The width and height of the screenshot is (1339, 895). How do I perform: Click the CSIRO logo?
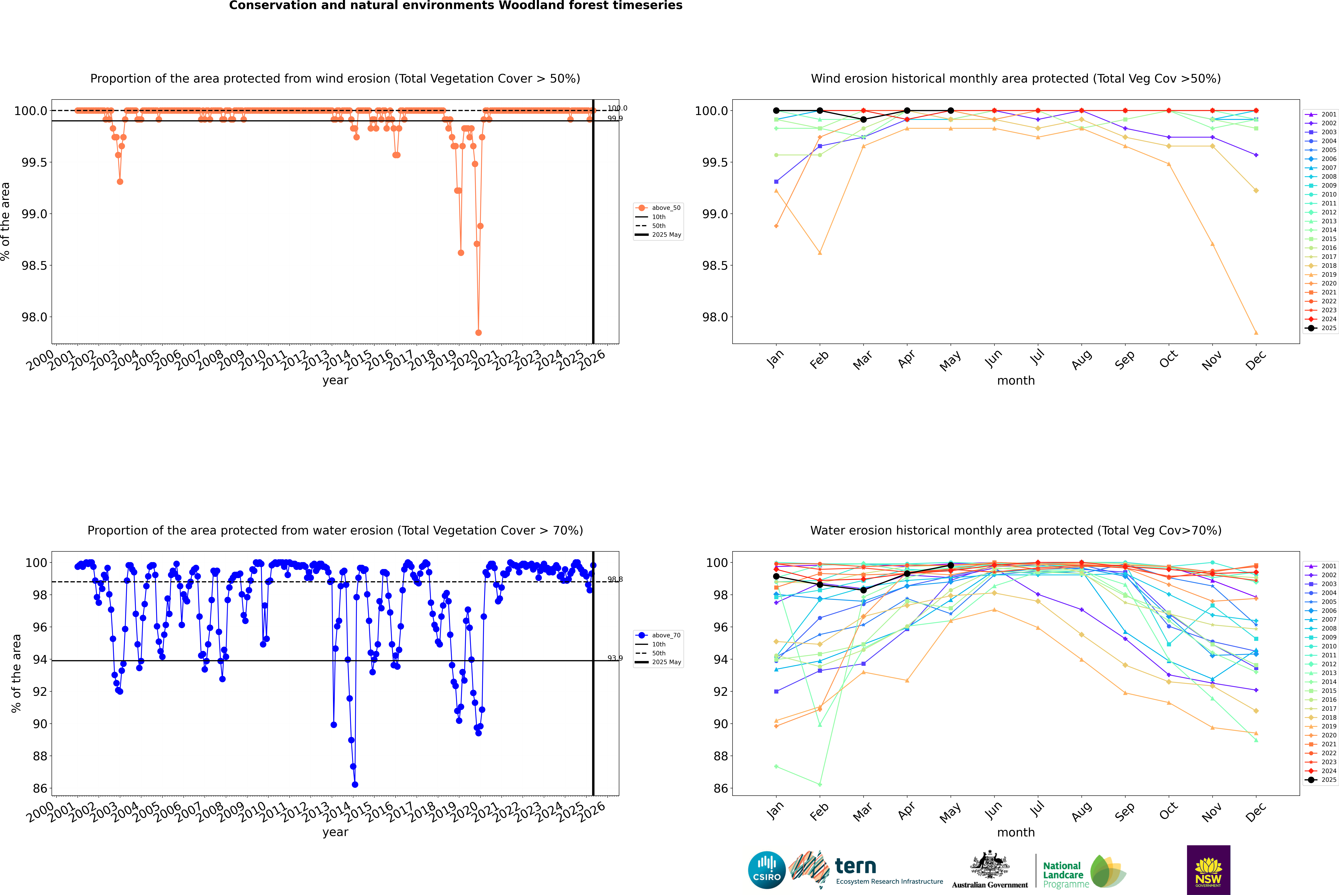[x=767, y=870]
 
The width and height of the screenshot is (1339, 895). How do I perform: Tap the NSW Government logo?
[x=1208, y=870]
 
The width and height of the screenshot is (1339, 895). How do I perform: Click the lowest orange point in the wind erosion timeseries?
[x=478, y=332]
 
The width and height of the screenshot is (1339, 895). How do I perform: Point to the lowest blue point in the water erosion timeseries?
[x=355, y=784]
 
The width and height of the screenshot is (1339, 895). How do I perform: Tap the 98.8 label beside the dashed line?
[x=615, y=579]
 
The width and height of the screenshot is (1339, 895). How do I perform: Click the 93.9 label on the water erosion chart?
[x=615, y=658]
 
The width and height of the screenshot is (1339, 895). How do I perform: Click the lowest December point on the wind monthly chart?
[x=1256, y=333]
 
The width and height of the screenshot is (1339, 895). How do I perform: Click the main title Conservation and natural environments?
[x=455, y=6]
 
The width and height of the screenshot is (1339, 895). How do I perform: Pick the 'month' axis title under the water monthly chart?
[x=1015, y=832]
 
